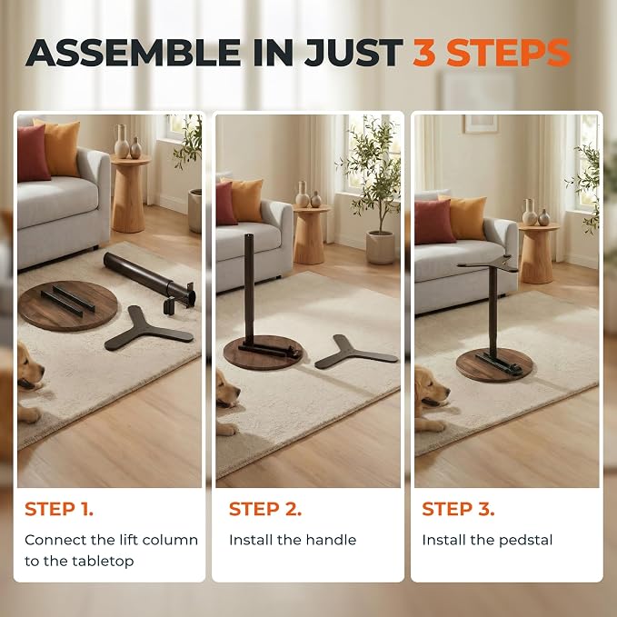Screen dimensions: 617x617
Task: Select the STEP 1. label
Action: pyautogui.click(x=59, y=509)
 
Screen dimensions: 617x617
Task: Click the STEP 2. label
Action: pyautogui.click(x=265, y=509)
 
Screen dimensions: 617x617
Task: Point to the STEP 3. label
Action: pyautogui.click(x=458, y=509)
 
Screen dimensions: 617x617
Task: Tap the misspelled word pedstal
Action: pyautogui.click(x=526, y=541)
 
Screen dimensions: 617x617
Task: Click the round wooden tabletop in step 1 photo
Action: pyautogui.click(x=67, y=305)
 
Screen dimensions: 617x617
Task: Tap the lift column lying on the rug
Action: pyautogui.click(x=150, y=279)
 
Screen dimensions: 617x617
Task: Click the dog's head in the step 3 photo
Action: pyautogui.click(x=432, y=389)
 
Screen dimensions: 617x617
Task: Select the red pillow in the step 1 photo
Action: pyautogui.click(x=33, y=153)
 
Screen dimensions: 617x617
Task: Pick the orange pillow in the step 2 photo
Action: pyautogui.click(x=246, y=200)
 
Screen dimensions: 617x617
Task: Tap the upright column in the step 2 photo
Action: pyautogui.click(x=249, y=291)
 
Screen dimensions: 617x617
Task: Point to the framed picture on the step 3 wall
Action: pyautogui.click(x=481, y=124)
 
